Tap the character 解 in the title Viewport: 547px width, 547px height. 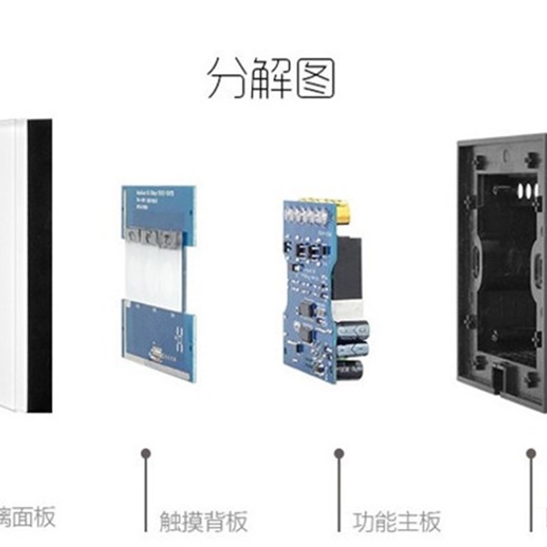[273, 77]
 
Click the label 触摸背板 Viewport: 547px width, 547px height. [203, 522]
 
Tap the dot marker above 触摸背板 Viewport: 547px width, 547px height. [145, 453]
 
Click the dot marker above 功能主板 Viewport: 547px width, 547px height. [338, 453]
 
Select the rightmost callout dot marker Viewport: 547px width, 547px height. [531, 453]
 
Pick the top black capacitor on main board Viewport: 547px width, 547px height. [357, 327]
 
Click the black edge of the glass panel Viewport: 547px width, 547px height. [40, 267]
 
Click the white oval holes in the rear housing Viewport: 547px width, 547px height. [525, 189]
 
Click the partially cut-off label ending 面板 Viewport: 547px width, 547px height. [27, 518]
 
